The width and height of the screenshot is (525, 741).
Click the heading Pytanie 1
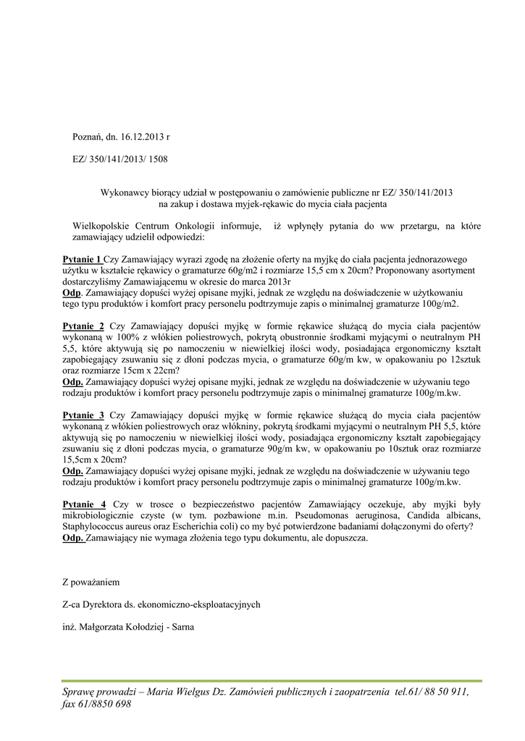(x=82, y=258)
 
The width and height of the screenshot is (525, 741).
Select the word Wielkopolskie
(x=102, y=226)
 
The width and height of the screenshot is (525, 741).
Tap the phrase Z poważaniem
(x=90, y=582)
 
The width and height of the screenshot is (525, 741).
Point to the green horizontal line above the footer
(x=272, y=681)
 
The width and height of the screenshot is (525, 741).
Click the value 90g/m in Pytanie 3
(x=256, y=449)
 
